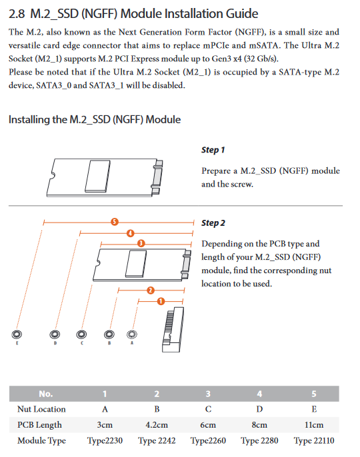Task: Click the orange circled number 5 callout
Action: coord(115,222)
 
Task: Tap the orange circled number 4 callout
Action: coord(131,233)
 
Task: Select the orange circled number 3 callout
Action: coord(141,243)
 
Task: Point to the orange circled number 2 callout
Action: coord(151,290)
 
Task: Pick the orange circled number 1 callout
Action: coord(161,301)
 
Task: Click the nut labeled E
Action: coord(17,334)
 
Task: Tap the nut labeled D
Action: coord(55,334)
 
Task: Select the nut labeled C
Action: coord(81,334)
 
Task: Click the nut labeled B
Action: coord(109,334)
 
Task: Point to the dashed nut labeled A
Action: coord(132,334)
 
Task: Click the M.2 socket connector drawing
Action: coord(173,329)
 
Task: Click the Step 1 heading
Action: coord(213,150)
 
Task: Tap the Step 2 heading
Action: coord(213,223)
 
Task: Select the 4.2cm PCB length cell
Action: coord(157,425)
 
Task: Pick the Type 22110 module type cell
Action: coord(314,440)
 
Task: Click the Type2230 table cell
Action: coord(105,440)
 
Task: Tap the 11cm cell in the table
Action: coord(314,425)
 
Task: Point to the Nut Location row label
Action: coord(41,409)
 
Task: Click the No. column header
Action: coord(46,394)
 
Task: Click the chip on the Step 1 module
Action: coord(98,176)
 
